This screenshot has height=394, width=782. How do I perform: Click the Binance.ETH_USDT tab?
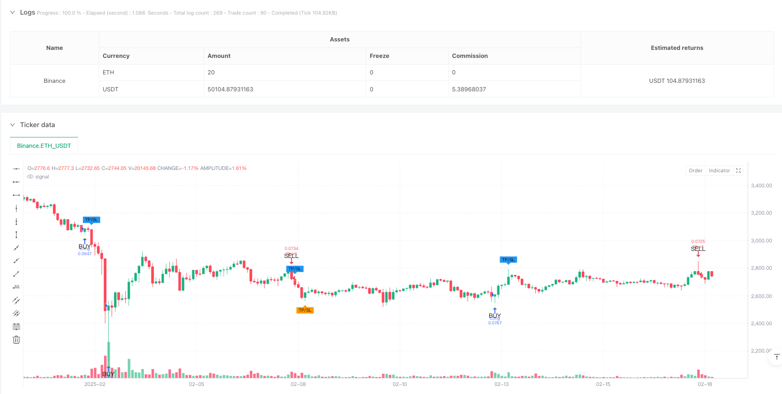[x=44, y=146]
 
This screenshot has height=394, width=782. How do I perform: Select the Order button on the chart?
[x=695, y=171]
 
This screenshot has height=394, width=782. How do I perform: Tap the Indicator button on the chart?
[x=719, y=171]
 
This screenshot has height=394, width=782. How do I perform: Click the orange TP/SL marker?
[x=305, y=310]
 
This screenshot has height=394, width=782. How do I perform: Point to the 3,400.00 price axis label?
[x=761, y=185]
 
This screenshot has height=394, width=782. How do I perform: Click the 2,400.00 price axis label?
[x=761, y=323]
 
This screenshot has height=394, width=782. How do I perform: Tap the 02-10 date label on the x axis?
[x=400, y=385]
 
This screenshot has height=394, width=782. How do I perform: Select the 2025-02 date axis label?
[x=95, y=385]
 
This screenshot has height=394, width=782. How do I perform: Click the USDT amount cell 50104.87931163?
[x=230, y=89]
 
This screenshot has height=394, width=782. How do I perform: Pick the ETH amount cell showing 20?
[x=211, y=72]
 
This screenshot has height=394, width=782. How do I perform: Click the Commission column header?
[x=469, y=56]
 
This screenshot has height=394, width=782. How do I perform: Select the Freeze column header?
[x=379, y=56]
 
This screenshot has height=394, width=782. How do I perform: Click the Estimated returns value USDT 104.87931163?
[x=677, y=81]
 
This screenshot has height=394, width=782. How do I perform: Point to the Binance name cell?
[x=55, y=81]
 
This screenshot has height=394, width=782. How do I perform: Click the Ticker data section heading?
[x=37, y=125]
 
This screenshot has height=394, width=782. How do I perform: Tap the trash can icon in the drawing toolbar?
[x=16, y=340]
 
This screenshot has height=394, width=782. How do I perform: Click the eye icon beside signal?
[x=30, y=177]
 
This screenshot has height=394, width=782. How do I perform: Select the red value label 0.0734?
[x=291, y=249]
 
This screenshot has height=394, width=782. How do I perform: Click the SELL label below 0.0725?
[x=698, y=249]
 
